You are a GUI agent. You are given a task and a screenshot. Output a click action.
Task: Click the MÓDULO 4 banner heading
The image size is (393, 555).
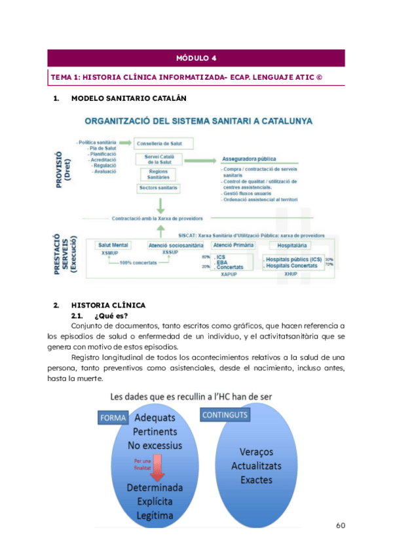click(x=196, y=58)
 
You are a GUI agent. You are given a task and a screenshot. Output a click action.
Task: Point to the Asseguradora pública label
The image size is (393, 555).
click(x=248, y=158)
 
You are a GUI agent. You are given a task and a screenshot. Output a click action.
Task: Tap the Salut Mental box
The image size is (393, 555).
click(x=113, y=245)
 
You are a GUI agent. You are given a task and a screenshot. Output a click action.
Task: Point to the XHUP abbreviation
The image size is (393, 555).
click(x=291, y=275)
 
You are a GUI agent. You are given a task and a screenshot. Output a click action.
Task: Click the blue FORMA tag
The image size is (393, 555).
click(x=113, y=416)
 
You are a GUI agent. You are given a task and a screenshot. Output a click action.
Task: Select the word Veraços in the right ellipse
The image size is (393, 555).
click(x=252, y=452)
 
